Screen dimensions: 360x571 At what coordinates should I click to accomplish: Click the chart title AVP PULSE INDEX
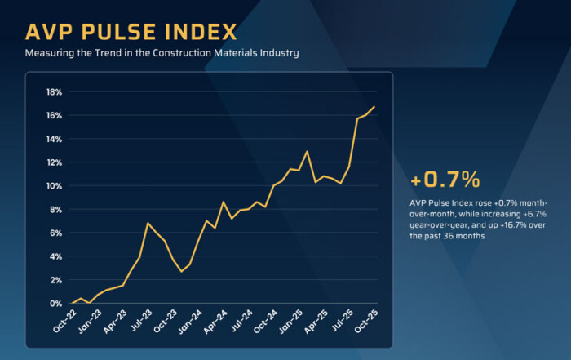click(x=131, y=32)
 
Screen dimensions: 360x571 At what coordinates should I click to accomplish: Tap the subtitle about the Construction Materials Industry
click(x=162, y=54)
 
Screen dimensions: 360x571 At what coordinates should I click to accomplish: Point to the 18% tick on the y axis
click(x=54, y=91)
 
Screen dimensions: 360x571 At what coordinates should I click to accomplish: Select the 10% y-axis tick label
click(x=54, y=186)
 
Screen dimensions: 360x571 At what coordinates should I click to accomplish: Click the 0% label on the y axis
click(x=56, y=304)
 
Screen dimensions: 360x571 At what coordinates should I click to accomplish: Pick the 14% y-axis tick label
click(x=54, y=139)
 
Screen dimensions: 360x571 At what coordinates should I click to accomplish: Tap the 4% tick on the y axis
click(x=56, y=256)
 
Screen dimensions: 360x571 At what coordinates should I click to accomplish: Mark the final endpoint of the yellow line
click(x=374, y=107)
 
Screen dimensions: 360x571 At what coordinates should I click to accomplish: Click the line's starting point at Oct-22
click(x=72, y=304)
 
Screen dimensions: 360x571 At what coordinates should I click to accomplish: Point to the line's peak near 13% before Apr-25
click(x=307, y=151)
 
